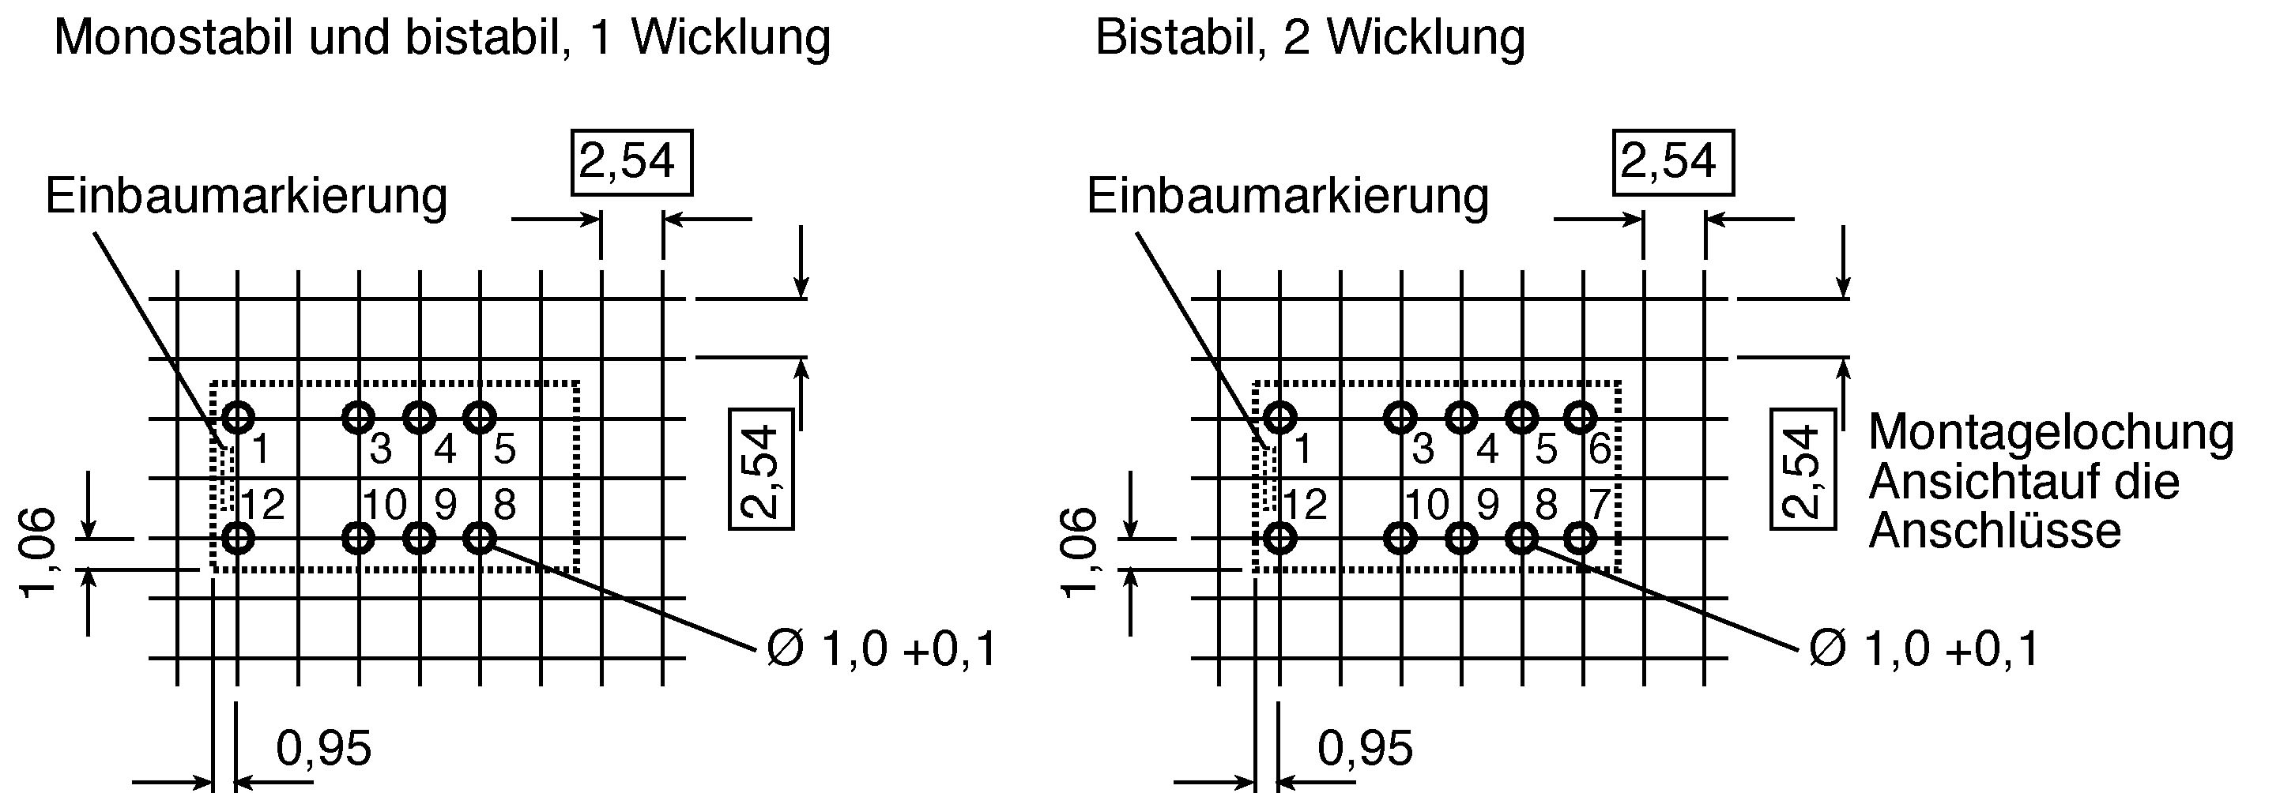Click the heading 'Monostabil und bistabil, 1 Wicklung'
point(442,39)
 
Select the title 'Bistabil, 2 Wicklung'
point(1310,39)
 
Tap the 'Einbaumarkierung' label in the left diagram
point(246,196)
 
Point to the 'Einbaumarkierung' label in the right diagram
point(1288,196)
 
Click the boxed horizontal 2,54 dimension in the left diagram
point(632,162)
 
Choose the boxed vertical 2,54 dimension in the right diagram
point(1802,469)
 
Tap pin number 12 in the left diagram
point(263,505)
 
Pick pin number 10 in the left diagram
point(385,505)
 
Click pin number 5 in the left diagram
point(504,449)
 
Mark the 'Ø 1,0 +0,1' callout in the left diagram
point(881,648)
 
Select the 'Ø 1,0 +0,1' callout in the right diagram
point(1924,648)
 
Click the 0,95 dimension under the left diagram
point(324,749)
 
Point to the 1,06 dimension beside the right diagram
point(1082,553)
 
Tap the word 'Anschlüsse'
point(1995,531)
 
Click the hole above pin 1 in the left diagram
point(237,417)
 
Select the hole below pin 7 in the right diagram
point(1580,537)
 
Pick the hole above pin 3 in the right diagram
point(1400,417)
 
